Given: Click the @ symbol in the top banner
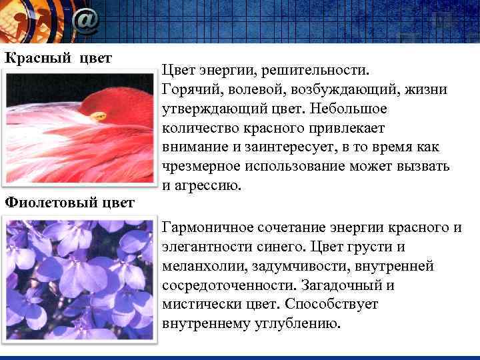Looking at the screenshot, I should [85, 21].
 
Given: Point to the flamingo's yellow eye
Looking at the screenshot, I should [99, 117].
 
